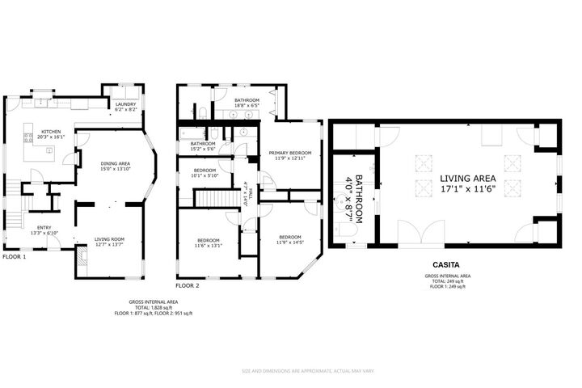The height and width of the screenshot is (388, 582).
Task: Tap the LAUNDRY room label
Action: (x=125, y=104)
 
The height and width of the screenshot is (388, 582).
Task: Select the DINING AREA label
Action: (x=115, y=164)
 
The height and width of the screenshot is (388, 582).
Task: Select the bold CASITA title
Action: (x=446, y=264)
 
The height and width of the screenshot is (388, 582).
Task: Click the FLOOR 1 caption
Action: (x=14, y=256)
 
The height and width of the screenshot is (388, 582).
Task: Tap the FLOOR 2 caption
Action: (x=187, y=285)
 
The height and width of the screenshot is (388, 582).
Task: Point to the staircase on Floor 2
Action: (x=215, y=197)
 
